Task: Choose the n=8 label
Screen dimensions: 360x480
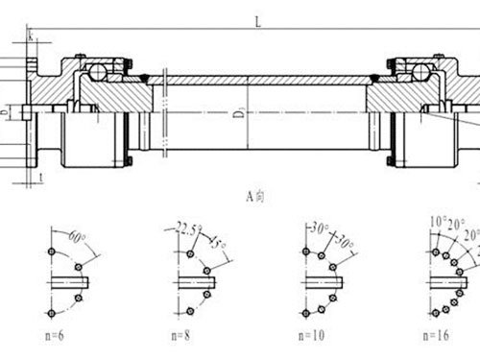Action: coord(181,336)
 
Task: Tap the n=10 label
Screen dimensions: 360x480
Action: coord(313,336)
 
